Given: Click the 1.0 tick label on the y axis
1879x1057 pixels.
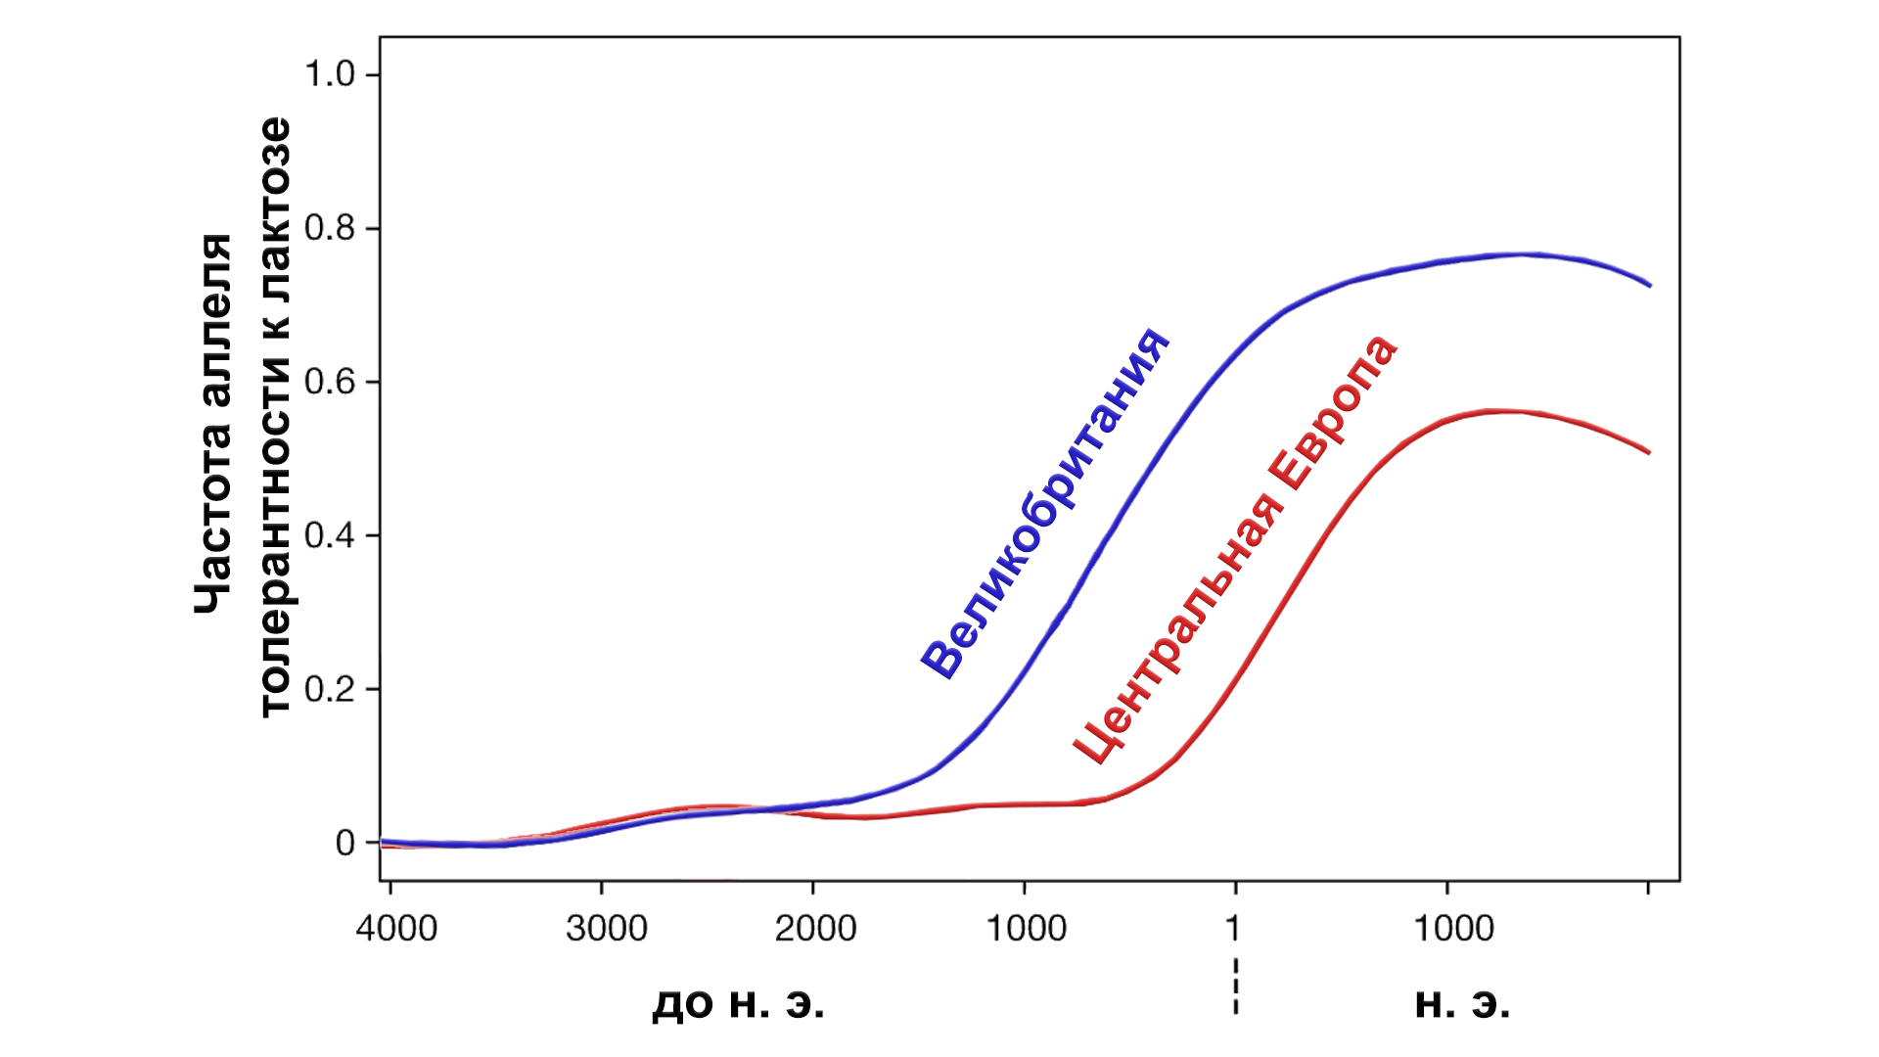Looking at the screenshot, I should [329, 74].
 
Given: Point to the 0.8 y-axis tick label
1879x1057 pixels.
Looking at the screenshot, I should [329, 228].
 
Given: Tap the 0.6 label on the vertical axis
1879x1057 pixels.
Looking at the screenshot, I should [329, 382].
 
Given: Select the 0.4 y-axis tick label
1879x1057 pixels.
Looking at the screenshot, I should [329, 535].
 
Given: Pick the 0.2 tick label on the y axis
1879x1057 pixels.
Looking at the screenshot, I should [329, 689].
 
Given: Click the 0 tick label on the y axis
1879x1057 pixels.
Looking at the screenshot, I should [345, 843].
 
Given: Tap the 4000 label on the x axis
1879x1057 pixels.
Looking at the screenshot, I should [396, 928].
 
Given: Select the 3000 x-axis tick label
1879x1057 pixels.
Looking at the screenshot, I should [607, 928].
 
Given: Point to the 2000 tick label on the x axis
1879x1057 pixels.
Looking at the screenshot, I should [815, 928].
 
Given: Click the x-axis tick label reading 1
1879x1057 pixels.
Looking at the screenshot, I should [1233, 928].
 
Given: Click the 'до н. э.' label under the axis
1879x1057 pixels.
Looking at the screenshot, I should [738, 1004].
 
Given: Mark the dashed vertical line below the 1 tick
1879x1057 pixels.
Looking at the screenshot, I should [1236, 984].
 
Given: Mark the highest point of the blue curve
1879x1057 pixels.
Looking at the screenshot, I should [1527, 254].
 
